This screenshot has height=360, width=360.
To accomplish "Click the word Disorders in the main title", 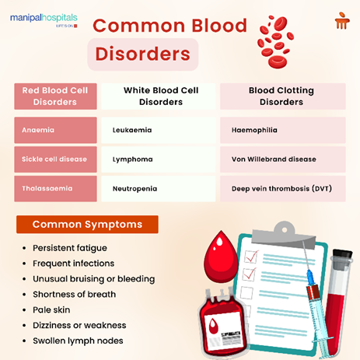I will [x=142, y=54].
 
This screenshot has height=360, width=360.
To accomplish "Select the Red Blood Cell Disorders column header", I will [x=55, y=96].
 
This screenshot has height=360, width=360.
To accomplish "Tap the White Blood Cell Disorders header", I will [x=159, y=96].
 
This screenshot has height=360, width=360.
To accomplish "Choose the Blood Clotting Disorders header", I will [x=282, y=96].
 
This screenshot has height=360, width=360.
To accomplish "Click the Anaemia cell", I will [x=55, y=130].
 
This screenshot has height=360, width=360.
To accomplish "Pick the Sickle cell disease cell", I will [x=55, y=159].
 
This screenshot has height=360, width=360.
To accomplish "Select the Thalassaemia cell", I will [x=55, y=189].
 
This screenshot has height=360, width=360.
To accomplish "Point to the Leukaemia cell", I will [x=159, y=130].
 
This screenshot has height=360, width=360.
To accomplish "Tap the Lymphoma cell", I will [x=159, y=159].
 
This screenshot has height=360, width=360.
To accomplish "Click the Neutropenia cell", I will [x=159, y=189].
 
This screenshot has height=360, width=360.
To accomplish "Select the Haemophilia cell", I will [x=282, y=130].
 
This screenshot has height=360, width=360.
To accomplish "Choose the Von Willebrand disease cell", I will [x=282, y=159].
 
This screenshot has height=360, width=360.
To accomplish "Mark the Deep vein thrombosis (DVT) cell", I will [x=282, y=189].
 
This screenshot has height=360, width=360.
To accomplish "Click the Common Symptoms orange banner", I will [x=87, y=225].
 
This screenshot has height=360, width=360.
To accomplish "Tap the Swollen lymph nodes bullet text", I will [x=79, y=341].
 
